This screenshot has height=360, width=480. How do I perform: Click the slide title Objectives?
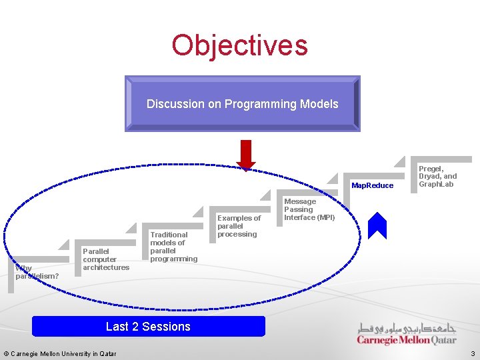pos(239,45)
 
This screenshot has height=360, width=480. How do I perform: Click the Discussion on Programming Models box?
pos(242,103)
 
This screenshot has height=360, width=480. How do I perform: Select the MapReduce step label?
pos(373,185)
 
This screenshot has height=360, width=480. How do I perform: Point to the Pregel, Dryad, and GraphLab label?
pos(437,176)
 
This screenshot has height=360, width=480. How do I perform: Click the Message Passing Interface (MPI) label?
pos(309,209)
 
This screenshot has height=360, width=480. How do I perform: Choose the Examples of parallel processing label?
pos(239,226)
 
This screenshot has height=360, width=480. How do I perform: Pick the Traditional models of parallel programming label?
pos(173,247)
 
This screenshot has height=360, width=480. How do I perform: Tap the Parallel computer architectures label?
pos(106,259)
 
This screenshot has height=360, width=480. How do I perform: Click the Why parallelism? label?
pos(37,272)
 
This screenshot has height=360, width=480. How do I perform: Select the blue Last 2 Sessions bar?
pos(148,327)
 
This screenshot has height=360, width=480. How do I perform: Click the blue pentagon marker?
pos(377,226)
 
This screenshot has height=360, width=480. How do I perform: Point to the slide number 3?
pos(472,353)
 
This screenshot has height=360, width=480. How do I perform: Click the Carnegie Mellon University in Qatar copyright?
pos(60,353)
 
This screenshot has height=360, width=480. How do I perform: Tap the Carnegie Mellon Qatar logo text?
pos(407,340)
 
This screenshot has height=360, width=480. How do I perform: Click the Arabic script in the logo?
pos(407,328)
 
